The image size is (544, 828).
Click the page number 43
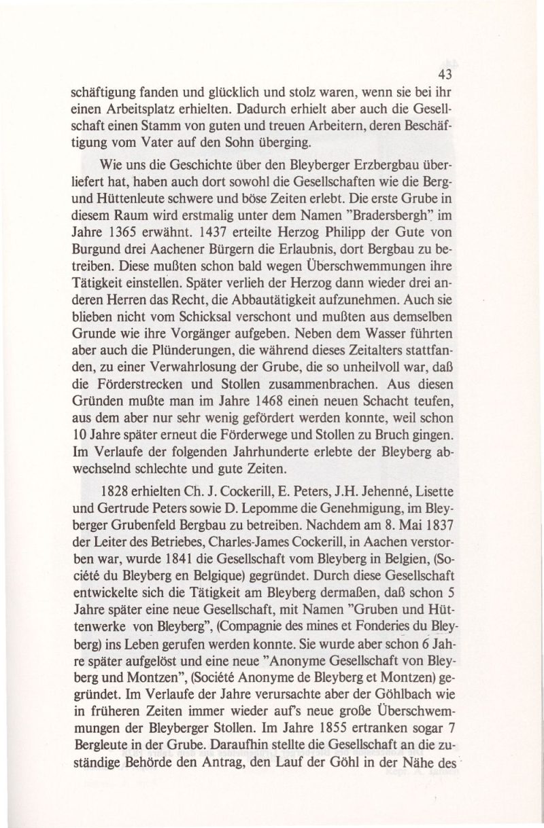tap(445, 74)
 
